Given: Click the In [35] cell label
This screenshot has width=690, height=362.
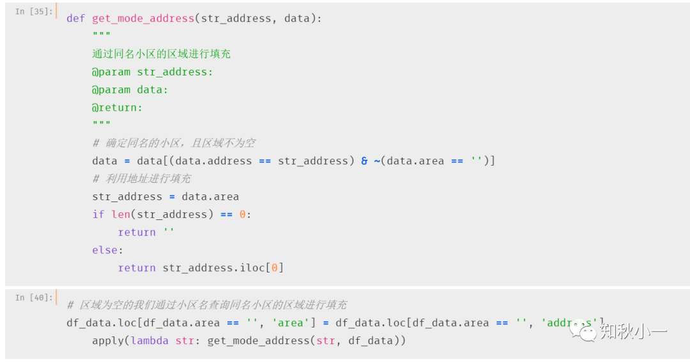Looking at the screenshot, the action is [34, 12].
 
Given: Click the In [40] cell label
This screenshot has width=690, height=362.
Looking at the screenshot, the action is [34, 297].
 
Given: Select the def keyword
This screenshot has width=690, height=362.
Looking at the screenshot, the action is [76, 19].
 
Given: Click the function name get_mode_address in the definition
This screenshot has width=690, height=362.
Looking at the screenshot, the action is [143, 19].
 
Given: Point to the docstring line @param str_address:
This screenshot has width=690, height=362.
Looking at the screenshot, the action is [153, 72].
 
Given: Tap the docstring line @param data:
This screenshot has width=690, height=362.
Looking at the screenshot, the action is [130, 90].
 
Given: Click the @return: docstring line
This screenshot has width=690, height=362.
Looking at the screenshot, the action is [118, 108].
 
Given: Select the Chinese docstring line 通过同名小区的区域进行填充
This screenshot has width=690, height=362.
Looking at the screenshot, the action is [162, 54].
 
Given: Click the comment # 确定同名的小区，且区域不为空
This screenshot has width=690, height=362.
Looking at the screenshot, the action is [174, 143].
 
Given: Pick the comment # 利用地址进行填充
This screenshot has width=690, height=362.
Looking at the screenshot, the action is [142, 179].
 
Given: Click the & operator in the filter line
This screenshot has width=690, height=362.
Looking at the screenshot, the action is [364, 161].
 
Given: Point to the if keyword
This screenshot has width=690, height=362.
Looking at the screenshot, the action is [98, 215].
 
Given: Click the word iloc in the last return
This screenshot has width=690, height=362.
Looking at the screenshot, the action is [255, 268].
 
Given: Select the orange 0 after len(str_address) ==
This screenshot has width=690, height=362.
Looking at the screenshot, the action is [243, 215].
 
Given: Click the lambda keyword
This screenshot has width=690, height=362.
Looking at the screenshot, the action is [149, 341].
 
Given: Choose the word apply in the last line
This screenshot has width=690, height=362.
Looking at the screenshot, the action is [108, 341].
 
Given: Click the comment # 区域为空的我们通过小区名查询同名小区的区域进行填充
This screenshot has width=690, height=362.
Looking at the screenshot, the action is [207, 305].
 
